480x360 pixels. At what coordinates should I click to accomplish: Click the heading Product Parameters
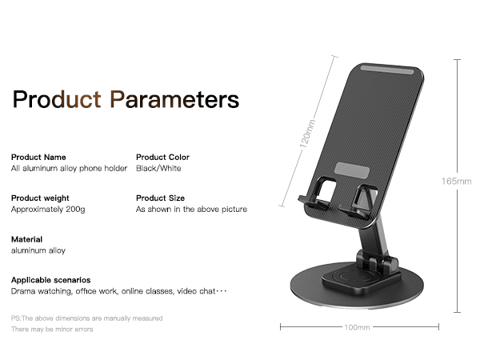pyautogui.click(x=126, y=100)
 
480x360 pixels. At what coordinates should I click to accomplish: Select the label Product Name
pyautogui.click(x=38, y=157)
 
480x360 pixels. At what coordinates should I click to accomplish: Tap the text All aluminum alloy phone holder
pyautogui.click(x=69, y=169)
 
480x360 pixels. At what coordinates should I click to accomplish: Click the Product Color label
pyautogui.click(x=162, y=157)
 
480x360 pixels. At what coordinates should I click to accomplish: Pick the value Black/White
pyautogui.click(x=158, y=169)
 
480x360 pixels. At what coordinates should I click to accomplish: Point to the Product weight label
pyautogui.click(x=40, y=198)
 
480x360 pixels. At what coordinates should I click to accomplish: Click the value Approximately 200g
pyautogui.click(x=48, y=210)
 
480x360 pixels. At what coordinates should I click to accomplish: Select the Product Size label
pyautogui.click(x=160, y=198)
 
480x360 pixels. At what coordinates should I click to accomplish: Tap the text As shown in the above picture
pyautogui.click(x=191, y=210)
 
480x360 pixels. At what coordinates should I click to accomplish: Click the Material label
pyautogui.click(x=26, y=239)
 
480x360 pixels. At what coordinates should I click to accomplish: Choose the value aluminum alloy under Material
pyautogui.click(x=38, y=250)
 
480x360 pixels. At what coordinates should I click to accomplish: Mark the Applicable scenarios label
pyautogui.click(x=50, y=280)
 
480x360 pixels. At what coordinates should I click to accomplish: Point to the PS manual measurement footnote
pyautogui.click(x=86, y=318)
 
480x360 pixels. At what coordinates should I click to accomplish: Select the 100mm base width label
pyautogui.click(x=357, y=326)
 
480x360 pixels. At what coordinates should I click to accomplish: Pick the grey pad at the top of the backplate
pyautogui.click(x=390, y=71)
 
